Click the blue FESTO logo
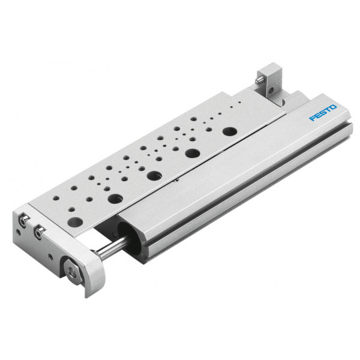[x=323, y=113]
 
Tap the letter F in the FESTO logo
[x=313, y=118]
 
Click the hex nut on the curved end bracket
[x=73, y=273]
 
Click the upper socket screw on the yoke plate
[x=23, y=221]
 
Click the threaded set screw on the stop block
[x=259, y=80]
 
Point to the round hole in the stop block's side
[x=271, y=91]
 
